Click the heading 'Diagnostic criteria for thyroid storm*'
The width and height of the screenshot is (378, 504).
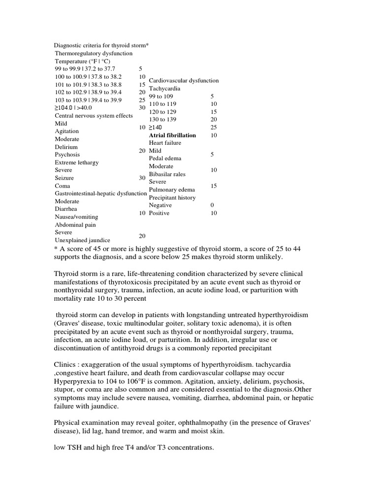point(101,45)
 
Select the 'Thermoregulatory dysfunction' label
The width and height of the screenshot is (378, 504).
point(94,53)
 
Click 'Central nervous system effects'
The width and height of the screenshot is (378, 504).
point(94,116)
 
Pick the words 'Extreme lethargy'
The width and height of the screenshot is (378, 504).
point(77,162)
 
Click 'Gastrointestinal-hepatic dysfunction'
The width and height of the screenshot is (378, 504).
point(101,194)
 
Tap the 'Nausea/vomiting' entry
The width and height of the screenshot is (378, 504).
point(76,217)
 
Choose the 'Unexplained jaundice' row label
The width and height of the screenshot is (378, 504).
point(82,240)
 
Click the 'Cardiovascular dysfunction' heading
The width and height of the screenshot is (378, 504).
point(184,80)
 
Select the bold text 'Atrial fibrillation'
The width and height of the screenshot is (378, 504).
point(172,135)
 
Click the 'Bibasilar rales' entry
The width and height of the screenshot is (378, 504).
point(167,174)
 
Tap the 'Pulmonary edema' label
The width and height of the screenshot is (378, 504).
point(172,189)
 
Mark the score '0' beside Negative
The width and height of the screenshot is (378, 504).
point(212,205)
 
